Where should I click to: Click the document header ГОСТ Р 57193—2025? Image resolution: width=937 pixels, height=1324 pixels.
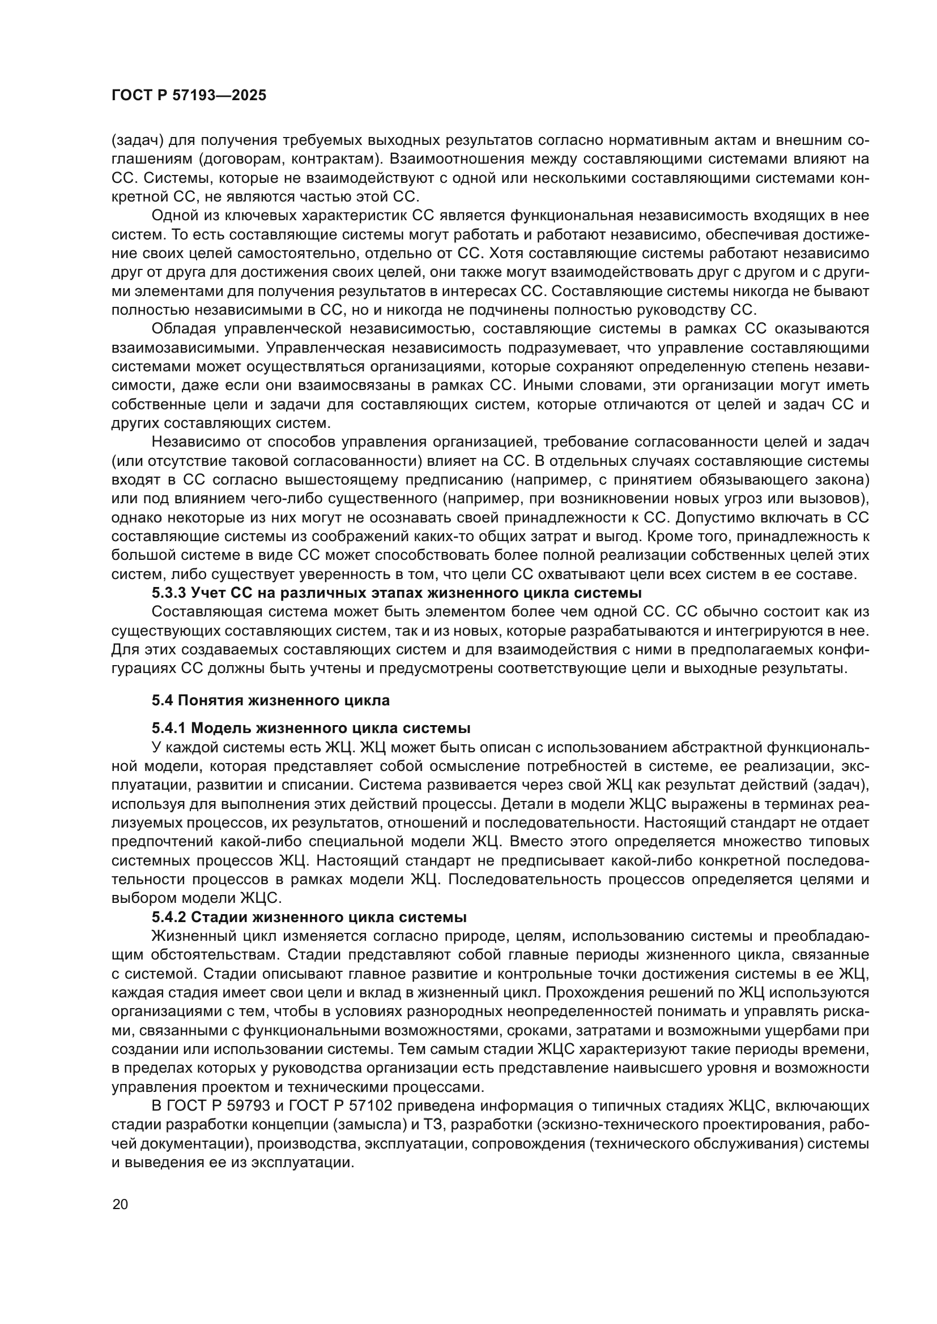189,96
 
